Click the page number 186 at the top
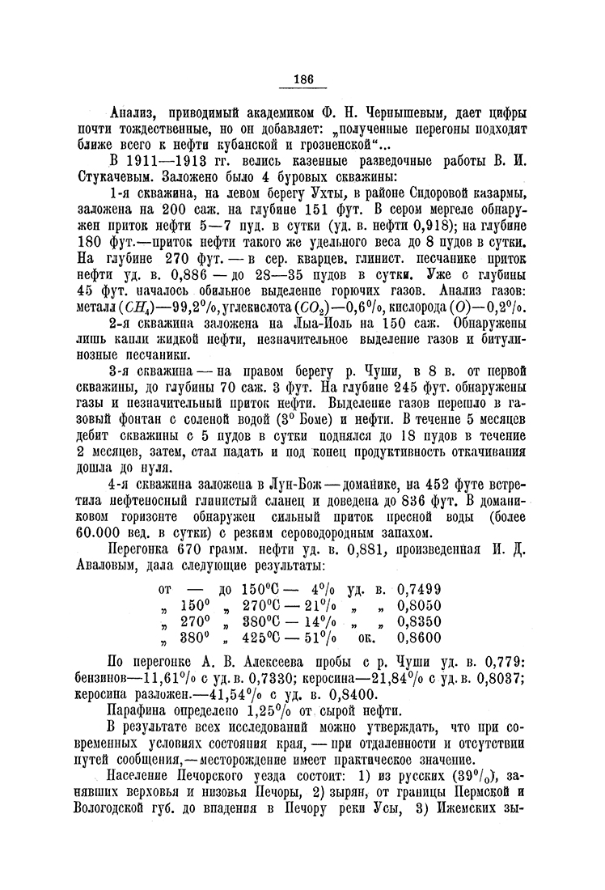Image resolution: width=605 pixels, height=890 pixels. point(303,78)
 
